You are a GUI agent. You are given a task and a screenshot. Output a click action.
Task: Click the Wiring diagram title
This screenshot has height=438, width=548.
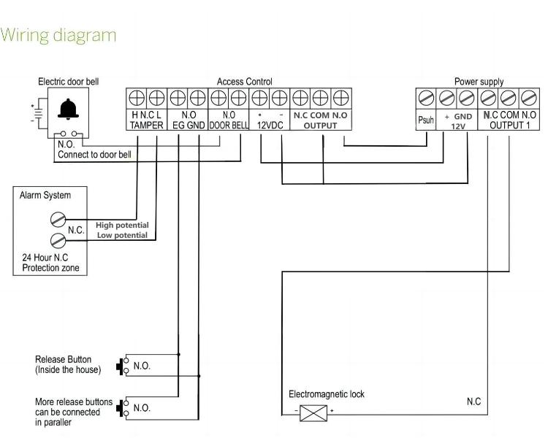pos(58,35)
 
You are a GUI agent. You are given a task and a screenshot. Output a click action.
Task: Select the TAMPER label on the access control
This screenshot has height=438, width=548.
pos(146,126)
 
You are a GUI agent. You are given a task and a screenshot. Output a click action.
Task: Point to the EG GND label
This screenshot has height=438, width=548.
pos(188,126)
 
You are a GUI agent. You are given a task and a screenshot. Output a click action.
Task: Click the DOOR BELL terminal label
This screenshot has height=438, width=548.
pos(229,126)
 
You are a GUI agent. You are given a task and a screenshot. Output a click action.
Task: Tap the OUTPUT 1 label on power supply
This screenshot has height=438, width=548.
pos(510,126)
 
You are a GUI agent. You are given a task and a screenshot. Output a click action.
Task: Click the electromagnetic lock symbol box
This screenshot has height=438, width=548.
pos(313,412)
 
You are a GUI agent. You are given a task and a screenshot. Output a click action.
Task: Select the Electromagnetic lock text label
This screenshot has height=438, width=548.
pos(327,395)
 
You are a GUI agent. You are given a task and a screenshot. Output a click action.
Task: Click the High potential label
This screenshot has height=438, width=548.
pos(122,225)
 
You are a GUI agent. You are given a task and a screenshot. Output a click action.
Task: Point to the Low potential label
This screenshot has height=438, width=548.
pos(122,235)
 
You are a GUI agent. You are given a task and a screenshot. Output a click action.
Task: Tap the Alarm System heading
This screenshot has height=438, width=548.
pos(45,196)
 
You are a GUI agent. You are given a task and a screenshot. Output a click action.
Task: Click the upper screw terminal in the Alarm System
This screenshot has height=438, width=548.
pos(58,218)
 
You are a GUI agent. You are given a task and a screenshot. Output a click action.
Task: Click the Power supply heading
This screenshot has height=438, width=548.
pos(479,82)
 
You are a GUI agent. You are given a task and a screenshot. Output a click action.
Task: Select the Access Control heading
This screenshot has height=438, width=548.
pos(244,82)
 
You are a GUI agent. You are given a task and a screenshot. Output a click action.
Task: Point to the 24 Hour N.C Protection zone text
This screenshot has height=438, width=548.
pos(49,264)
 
